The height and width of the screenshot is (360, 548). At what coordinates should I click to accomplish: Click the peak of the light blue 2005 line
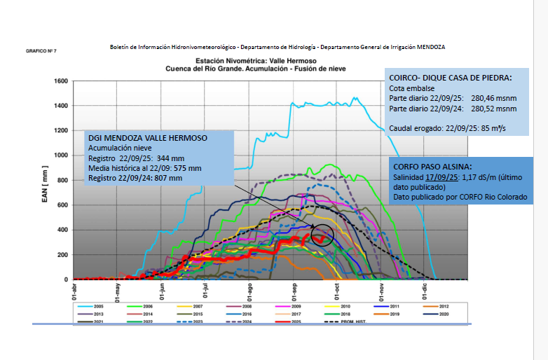pos(355,99)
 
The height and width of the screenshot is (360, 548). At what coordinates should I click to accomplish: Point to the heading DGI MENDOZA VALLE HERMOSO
pos(147,139)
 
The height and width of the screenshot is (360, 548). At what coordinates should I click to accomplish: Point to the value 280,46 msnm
pos(493,98)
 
